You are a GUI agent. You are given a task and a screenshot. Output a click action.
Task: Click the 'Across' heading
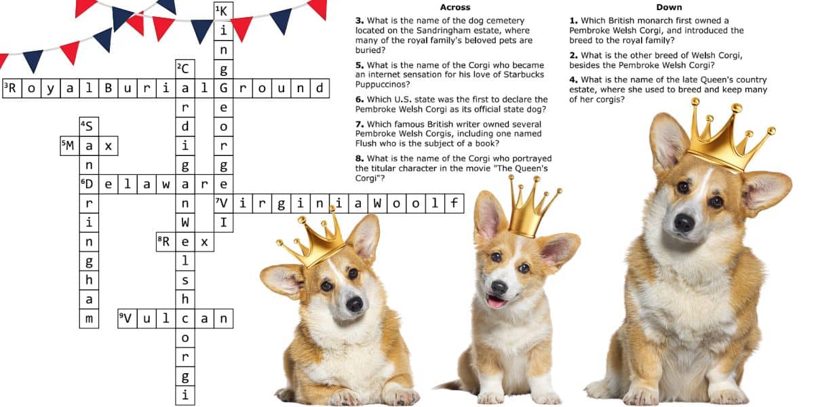click(455, 7)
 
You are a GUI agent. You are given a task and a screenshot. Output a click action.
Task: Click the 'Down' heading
click(669, 7)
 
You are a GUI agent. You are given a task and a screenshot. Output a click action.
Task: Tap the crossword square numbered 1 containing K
click(223, 12)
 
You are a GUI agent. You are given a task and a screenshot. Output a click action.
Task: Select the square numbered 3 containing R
click(12, 88)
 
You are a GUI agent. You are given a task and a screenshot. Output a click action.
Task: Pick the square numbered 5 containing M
click(70, 146)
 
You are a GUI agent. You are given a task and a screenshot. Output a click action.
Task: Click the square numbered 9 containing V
click(128, 319)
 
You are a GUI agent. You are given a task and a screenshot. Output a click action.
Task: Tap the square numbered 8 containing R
click(166, 242)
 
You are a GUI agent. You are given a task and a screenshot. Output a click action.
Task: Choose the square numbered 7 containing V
click(223, 203)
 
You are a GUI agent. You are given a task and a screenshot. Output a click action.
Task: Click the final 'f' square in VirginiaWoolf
click(454, 203)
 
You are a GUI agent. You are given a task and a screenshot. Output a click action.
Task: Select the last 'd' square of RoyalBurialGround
click(319, 88)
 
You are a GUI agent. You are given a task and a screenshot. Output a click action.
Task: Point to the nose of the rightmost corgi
click(684, 222)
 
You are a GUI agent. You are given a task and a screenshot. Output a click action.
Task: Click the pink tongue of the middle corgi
click(496, 301)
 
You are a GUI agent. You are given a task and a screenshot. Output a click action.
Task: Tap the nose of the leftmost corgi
click(354, 304)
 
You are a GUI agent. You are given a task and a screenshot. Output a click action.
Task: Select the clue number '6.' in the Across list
click(360, 100)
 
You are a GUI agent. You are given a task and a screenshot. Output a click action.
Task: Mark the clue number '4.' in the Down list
click(573, 79)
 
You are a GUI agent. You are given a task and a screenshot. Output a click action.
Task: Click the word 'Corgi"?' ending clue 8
click(370, 178)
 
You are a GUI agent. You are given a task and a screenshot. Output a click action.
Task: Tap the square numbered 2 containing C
click(185, 69)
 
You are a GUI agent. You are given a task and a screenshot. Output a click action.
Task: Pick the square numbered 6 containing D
click(89, 185)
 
